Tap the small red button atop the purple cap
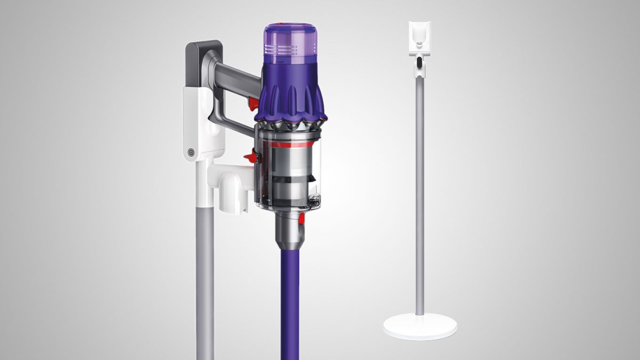(x=278, y=24)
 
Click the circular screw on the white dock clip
(x=191, y=152)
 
